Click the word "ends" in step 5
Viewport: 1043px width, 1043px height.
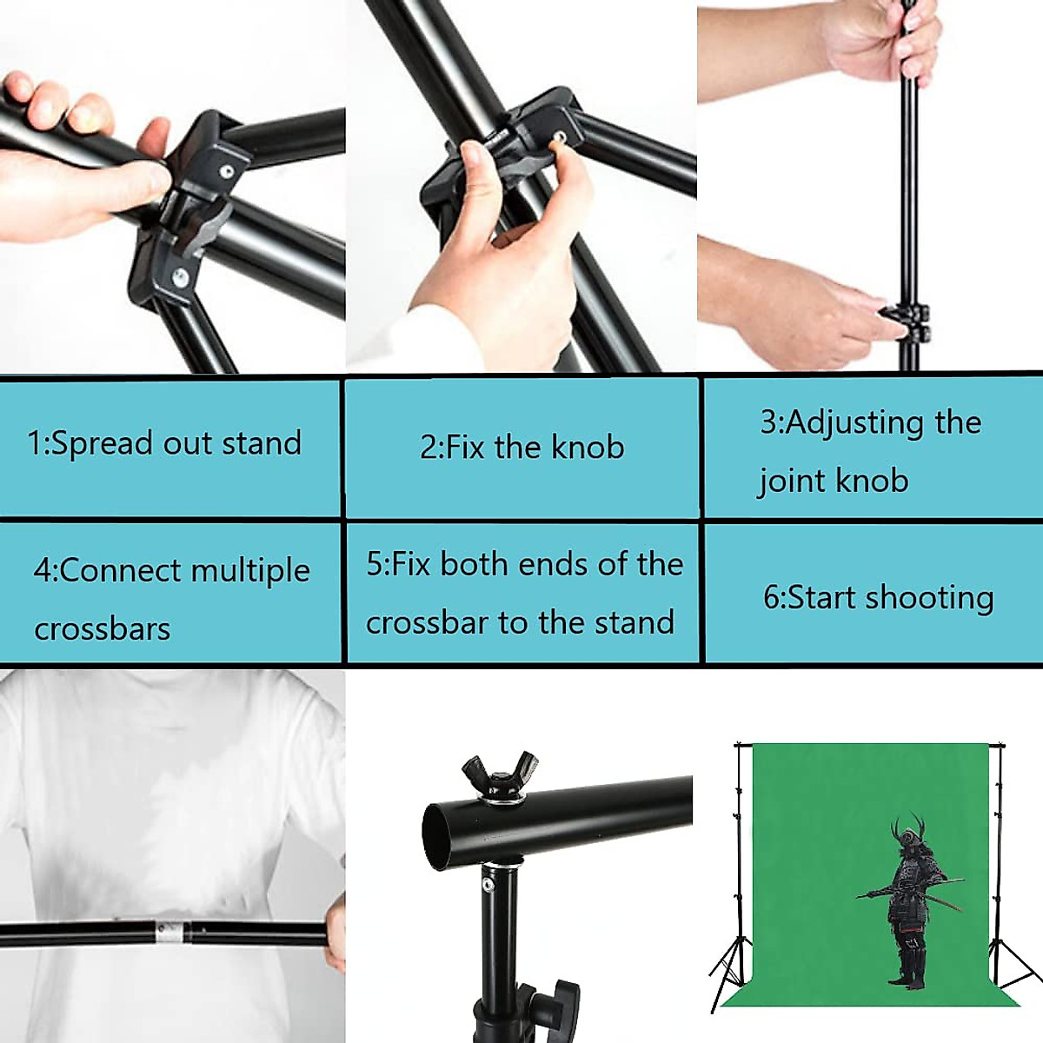(x=548, y=565)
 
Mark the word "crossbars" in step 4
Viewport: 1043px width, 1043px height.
(x=103, y=629)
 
